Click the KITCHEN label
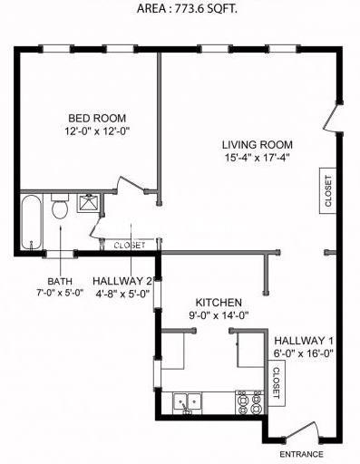pos(218,302)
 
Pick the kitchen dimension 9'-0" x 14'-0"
pos(218,315)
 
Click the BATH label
pos(60,281)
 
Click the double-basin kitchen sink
pos(190,400)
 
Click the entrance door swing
pos(302,432)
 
